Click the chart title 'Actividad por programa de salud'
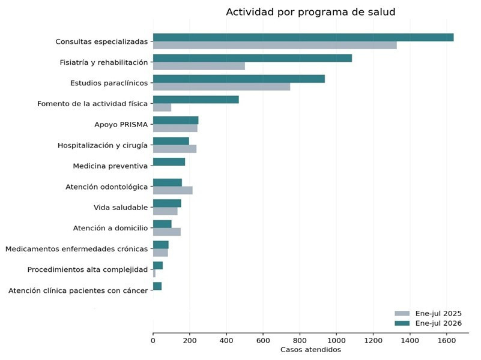point(310,12)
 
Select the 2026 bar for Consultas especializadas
point(303,37)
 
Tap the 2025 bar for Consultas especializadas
point(275,45)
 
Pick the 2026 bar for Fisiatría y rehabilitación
point(252,58)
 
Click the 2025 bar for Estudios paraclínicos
point(222,87)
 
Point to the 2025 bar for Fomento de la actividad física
point(162,107)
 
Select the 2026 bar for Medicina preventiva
point(169,162)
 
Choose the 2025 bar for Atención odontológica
point(173,190)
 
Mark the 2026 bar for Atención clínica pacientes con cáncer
point(157,286)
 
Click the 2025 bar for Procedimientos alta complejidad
point(154,273)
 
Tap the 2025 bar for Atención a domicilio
point(167,232)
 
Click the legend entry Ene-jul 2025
point(428,313)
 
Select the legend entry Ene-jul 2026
point(428,323)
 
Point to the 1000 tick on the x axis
point(336,334)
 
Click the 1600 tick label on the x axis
point(446,340)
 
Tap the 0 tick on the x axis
point(153,334)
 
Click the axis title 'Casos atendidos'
point(310,350)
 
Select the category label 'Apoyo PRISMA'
point(121,124)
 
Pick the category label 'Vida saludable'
point(121,208)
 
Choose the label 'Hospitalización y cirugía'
point(103,145)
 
